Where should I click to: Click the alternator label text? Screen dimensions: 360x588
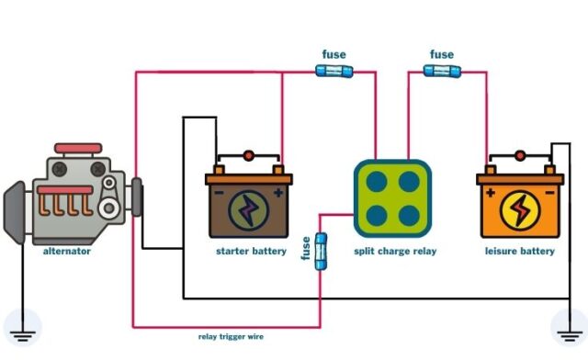[x=67, y=251]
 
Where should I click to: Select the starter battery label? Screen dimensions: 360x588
[x=251, y=251]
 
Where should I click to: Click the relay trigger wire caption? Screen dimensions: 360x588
[x=232, y=336]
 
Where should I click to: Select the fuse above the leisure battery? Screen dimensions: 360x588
[x=441, y=71]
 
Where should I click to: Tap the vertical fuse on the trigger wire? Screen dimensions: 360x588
[x=321, y=251]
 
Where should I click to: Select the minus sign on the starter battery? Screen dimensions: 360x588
[x=219, y=193]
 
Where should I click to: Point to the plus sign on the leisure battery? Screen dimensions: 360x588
[x=490, y=193]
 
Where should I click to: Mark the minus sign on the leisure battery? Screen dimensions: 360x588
[x=548, y=193]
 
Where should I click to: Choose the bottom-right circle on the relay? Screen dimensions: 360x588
[x=409, y=216]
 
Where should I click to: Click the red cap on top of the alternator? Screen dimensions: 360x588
[x=78, y=148]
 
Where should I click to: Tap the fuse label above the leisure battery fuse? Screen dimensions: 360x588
[x=441, y=54]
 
